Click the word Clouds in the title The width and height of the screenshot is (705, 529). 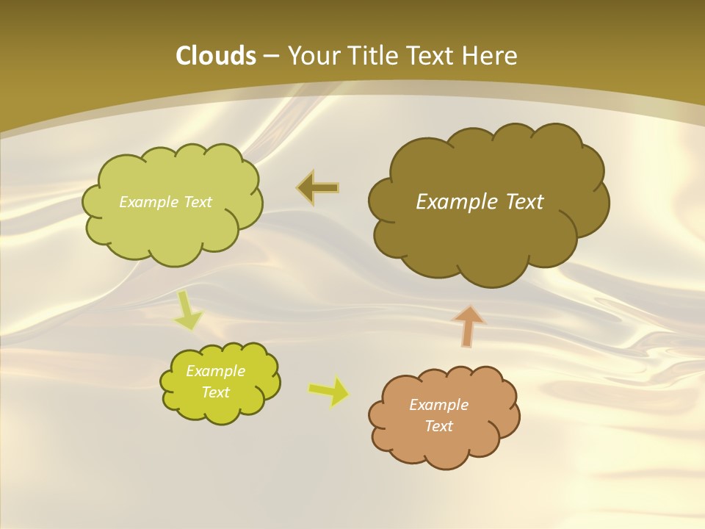(215, 56)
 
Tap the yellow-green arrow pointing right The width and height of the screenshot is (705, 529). (329, 391)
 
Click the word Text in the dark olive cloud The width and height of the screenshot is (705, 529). (524, 202)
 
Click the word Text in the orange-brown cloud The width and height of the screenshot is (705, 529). (438, 426)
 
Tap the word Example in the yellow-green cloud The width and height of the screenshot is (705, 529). (215, 371)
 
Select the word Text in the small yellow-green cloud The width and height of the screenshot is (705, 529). (215, 392)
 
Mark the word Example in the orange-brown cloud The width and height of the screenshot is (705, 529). (438, 405)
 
